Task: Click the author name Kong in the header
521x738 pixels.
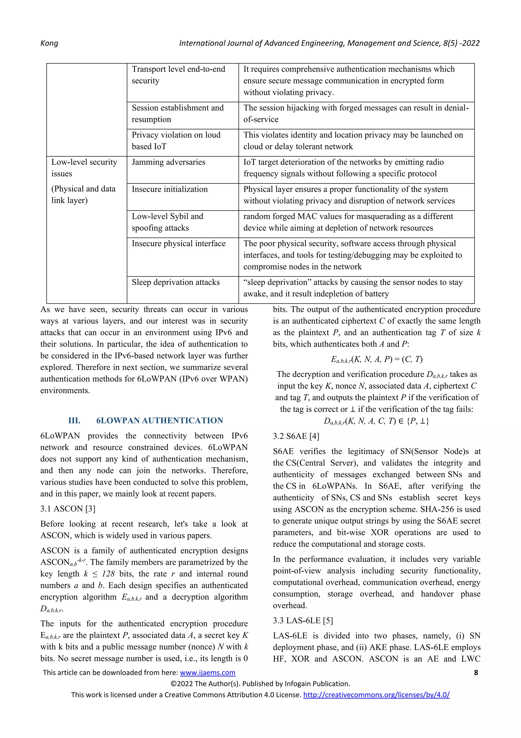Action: (x=49, y=43)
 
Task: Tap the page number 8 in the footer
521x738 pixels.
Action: (x=476, y=673)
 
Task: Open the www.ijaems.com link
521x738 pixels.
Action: (x=207, y=673)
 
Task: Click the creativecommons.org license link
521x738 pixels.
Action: (x=376, y=695)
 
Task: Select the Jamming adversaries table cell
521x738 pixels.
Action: (x=168, y=162)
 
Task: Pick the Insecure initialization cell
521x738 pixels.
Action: (x=169, y=189)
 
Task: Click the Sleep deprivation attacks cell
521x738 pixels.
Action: (x=176, y=282)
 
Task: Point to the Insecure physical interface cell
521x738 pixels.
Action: (x=179, y=244)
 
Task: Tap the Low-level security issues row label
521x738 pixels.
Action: (x=84, y=167)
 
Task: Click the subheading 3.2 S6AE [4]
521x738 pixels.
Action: (x=296, y=436)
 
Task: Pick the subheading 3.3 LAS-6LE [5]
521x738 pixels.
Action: (x=303, y=620)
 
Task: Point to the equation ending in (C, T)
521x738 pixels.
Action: (x=377, y=359)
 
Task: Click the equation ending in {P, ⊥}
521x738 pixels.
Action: (x=376, y=421)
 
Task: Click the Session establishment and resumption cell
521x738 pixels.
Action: (x=178, y=113)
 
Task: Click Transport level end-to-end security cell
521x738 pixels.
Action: (x=178, y=75)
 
